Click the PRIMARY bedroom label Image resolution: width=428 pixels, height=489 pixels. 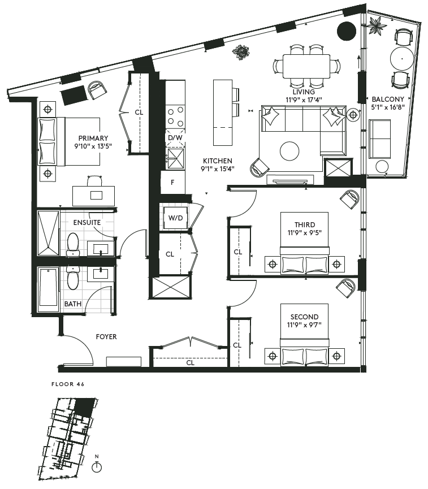93,138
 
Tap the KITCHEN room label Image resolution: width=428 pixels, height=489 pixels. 218,161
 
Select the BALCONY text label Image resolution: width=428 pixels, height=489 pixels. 388,99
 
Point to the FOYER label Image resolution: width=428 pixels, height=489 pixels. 106,337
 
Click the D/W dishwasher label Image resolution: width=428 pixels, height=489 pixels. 175,138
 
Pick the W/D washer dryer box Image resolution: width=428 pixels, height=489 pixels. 176,218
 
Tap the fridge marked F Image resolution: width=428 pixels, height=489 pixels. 172,183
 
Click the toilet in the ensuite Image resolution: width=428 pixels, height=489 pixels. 73,244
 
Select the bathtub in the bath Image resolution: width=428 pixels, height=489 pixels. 48,289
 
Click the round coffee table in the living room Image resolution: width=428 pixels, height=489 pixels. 289,151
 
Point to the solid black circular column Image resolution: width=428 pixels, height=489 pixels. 346,31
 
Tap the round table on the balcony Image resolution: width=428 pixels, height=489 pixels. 402,58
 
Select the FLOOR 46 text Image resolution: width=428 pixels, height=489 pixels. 68,384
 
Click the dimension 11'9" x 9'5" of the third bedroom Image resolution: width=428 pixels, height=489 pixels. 305,233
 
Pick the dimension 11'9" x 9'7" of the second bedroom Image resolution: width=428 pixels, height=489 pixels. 304,325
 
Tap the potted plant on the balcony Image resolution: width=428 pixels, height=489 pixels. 377,25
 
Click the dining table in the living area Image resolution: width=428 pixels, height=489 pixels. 306,67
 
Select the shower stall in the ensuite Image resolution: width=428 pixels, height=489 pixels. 48,233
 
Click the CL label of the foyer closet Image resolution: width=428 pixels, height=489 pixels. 191,363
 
